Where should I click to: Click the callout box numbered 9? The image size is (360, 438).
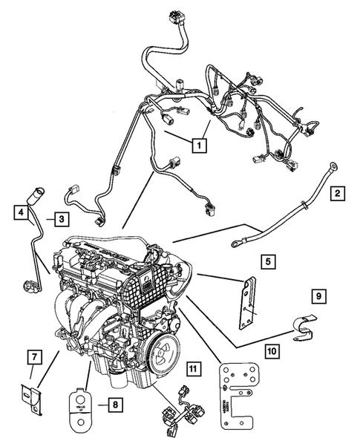click(318, 297)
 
